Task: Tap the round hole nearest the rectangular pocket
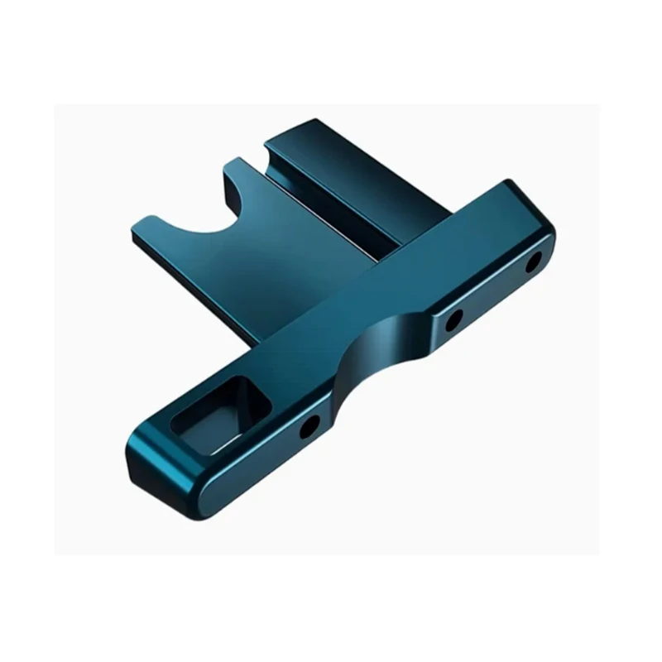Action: pos(309,426)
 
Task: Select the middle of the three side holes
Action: pos(453,319)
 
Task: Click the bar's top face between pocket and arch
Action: pos(290,356)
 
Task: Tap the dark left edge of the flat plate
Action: pos(190,285)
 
